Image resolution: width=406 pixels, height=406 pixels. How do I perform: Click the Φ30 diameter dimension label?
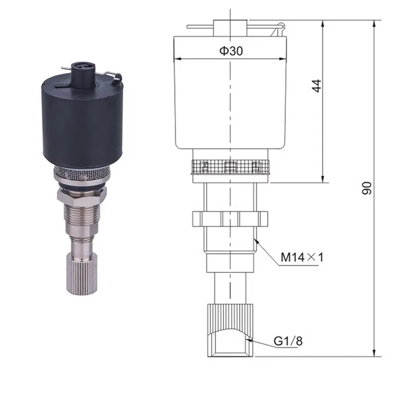click(x=231, y=51)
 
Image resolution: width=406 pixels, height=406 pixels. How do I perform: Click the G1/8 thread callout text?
click(x=288, y=341)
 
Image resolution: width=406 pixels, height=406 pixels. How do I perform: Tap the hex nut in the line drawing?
click(x=230, y=219)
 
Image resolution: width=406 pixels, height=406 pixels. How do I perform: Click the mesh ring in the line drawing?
click(x=230, y=167)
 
